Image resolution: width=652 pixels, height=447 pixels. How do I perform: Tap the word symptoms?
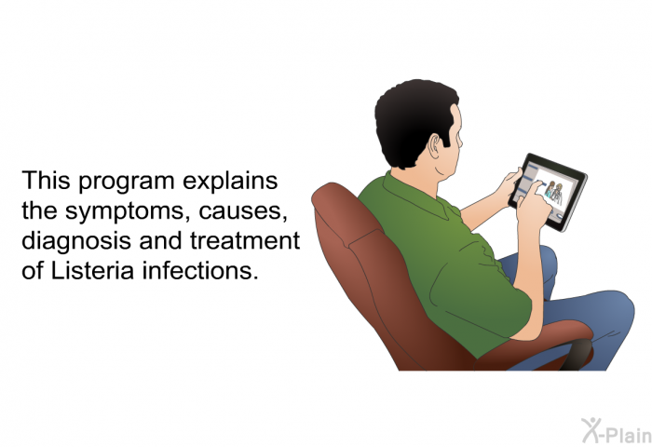click(124, 211)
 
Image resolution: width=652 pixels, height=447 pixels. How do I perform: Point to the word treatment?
click(245, 240)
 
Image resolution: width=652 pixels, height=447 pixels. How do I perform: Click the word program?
click(127, 183)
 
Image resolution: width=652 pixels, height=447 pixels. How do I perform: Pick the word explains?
click(230, 182)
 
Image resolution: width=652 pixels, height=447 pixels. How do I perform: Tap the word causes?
click(243, 212)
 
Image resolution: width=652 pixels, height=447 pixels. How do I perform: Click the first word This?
click(47, 180)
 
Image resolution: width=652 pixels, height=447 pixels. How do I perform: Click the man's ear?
click(435, 146)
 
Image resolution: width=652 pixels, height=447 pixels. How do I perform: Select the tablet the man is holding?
click(548, 192)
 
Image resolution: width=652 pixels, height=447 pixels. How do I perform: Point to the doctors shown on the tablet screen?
click(553, 191)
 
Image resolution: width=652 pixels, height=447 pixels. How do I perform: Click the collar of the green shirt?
click(415, 196)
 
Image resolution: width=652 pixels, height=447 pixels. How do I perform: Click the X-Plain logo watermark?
click(616, 431)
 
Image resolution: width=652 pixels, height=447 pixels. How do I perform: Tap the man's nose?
click(461, 140)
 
